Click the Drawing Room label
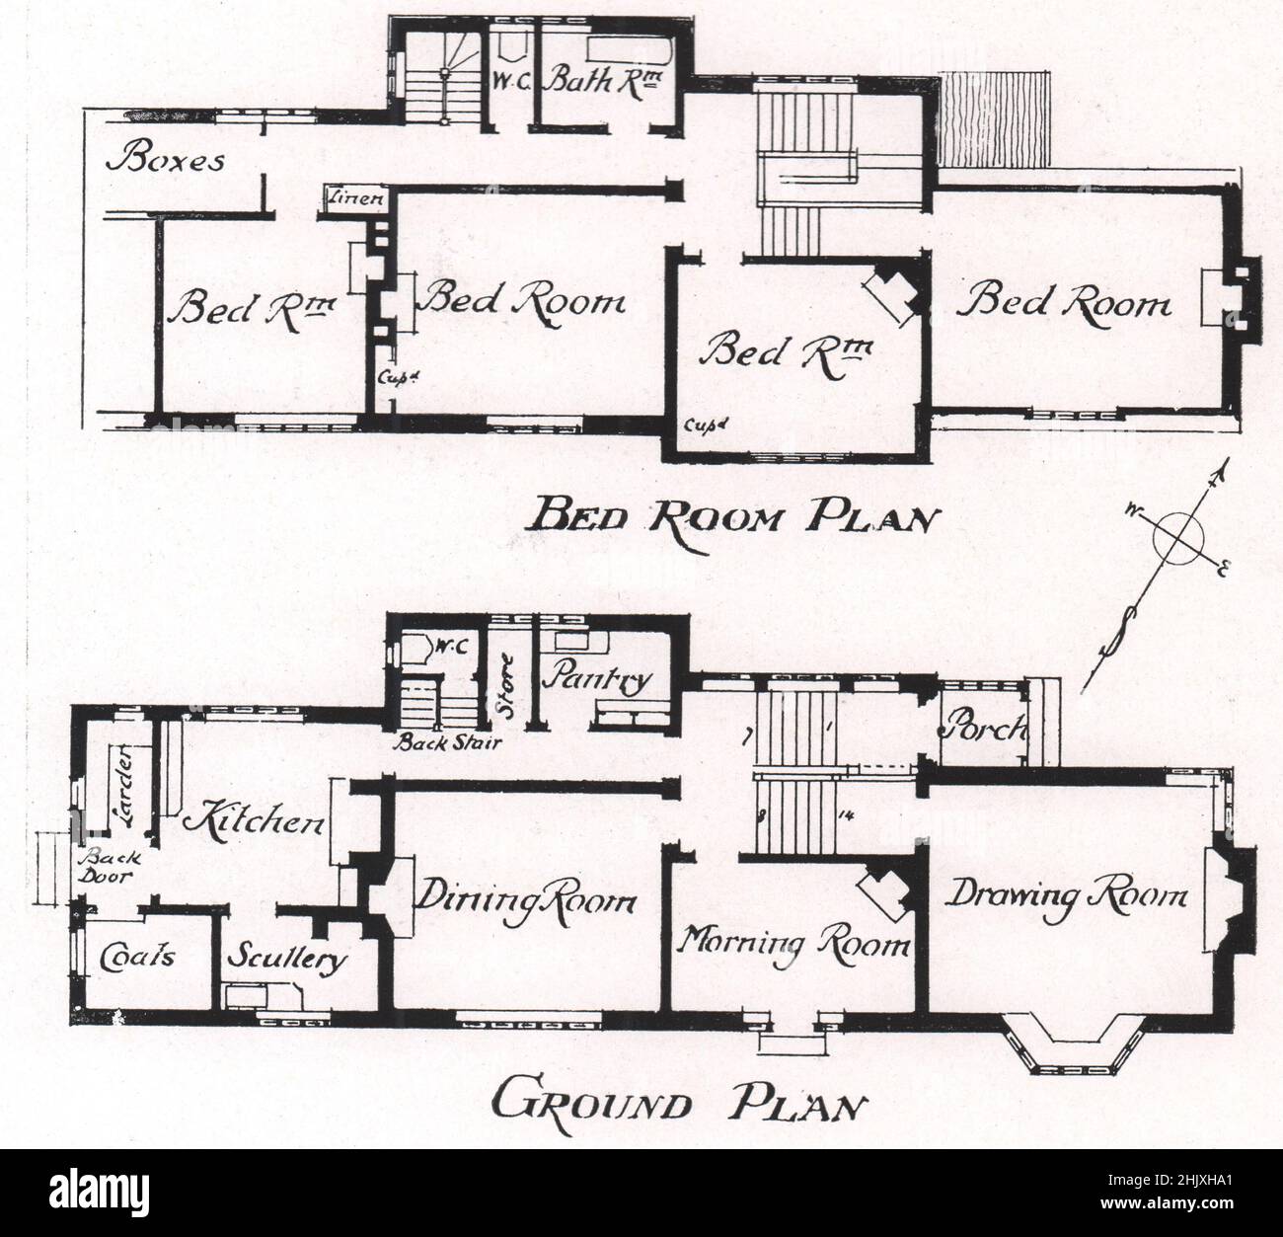click(1066, 896)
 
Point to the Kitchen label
click(256, 821)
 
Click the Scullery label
click(287, 959)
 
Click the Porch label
click(982, 730)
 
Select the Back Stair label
click(443, 742)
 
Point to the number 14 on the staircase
click(844, 815)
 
